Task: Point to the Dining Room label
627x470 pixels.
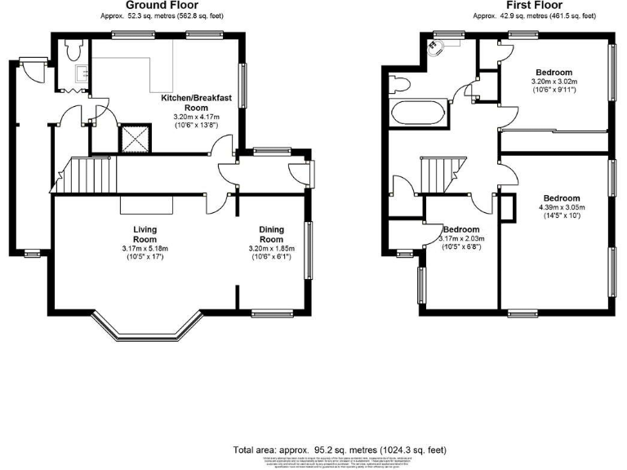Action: pyautogui.click(x=272, y=234)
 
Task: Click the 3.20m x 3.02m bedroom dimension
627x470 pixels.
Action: pyautogui.click(x=554, y=82)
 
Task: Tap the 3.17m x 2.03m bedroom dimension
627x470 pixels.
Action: pyautogui.click(x=461, y=239)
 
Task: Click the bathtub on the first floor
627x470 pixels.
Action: pyautogui.click(x=418, y=113)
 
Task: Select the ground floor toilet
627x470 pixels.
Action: pyautogui.click(x=73, y=51)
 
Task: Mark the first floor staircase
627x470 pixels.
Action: pyautogui.click(x=442, y=174)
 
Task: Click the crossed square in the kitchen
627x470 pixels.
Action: pyautogui.click(x=132, y=139)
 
